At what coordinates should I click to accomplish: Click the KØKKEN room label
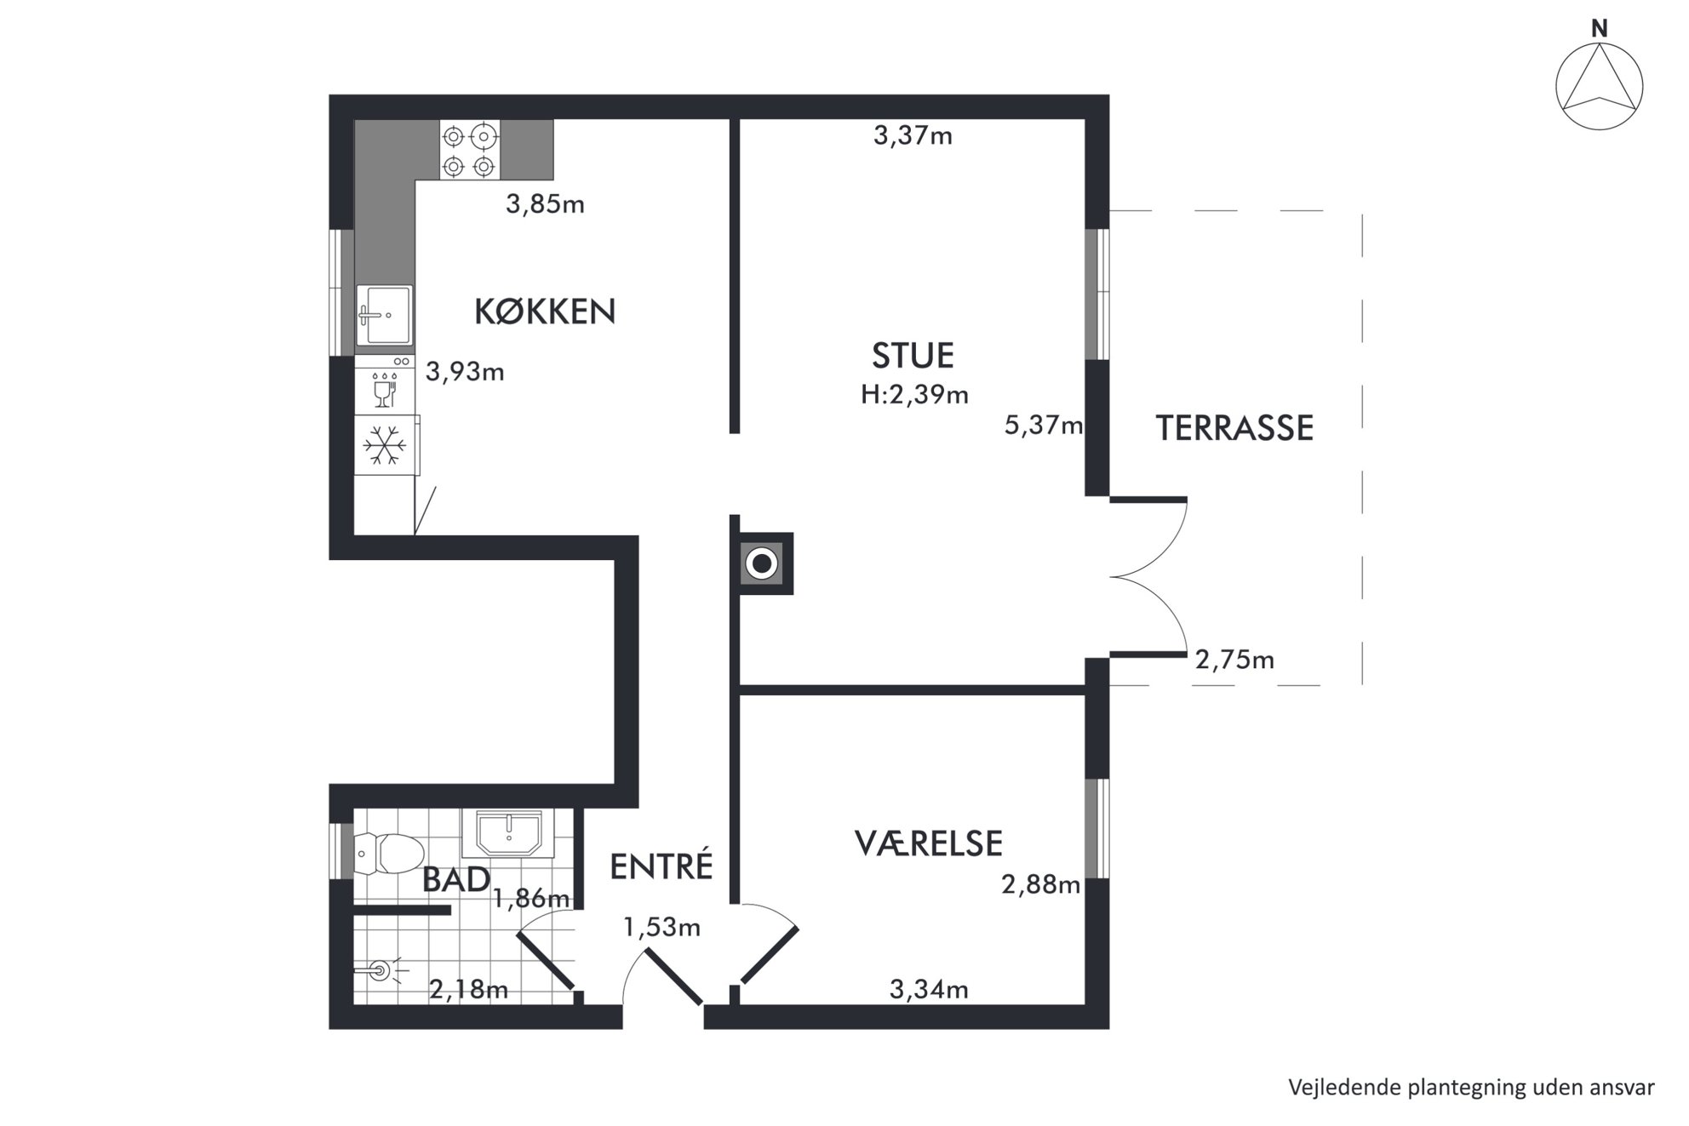(x=545, y=312)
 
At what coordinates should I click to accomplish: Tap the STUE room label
(x=913, y=356)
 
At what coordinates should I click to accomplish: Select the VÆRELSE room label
(x=929, y=843)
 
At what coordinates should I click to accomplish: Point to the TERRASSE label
(x=1234, y=428)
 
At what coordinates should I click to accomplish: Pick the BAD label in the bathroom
(x=456, y=879)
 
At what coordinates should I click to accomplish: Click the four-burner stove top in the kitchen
(x=469, y=150)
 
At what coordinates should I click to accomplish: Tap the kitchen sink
(x=385, y=315)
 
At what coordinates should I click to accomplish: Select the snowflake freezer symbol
(x=386, y=445)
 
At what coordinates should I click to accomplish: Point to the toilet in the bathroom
(x=389, y=853)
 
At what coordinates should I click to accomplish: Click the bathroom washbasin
(x=508, y=833)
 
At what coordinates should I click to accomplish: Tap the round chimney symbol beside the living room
(x=761, y=563)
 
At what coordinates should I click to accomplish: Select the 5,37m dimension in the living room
(x=1044, y=425)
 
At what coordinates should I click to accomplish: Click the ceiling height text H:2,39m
(x=914, y=394)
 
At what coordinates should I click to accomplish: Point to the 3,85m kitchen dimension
(x=545, y=204)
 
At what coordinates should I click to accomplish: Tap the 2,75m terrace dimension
(x=1234, y=660)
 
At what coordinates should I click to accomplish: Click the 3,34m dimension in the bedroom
(x=929, y=989)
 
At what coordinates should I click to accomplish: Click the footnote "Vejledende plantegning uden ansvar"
(x=1471, y=1088)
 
